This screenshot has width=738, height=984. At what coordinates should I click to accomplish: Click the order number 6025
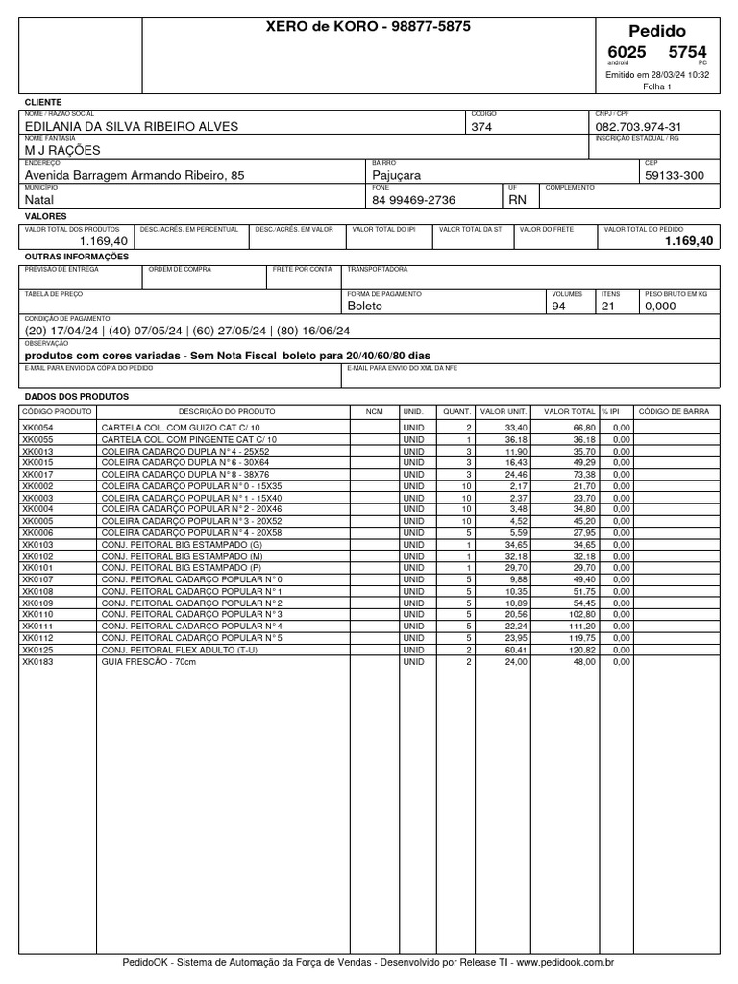pos(627,51)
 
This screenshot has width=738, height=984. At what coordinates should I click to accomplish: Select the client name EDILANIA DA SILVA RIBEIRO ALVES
pos(131,126)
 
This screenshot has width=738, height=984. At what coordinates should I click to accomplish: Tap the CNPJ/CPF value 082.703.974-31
pos(639,126)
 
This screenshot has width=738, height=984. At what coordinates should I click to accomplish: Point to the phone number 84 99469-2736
pos(413,200)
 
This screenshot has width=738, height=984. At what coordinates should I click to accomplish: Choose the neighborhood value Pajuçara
pos(396,175)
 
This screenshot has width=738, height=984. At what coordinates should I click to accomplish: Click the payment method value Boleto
pos(364,306)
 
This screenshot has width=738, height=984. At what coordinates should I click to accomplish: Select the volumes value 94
pos(559,306)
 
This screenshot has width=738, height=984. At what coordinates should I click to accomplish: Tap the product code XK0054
pos(38,427)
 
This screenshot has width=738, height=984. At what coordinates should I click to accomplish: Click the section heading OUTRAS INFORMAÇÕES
pos(76,258)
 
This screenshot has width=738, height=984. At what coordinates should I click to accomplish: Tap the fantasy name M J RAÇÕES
pos(62,150)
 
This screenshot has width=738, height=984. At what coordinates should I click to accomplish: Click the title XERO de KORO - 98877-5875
pos(368,27)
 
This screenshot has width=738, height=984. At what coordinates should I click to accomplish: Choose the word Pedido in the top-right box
pos(657,31)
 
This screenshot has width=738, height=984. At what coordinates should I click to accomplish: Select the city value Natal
pos(39,200)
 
